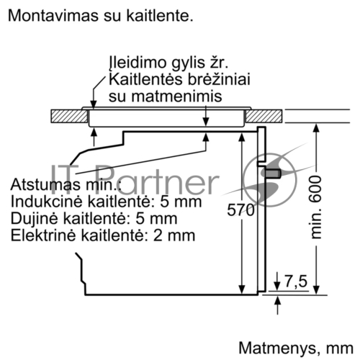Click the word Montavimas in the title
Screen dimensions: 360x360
click(x=53, y=16)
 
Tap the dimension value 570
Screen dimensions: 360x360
click(x=240, y=210)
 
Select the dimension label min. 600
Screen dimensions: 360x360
click(x=315, y=207)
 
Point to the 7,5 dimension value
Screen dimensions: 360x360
click(x=296, y=281)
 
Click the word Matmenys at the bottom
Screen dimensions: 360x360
click(x=276, y=348)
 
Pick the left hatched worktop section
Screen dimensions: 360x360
click(x=69, y=116)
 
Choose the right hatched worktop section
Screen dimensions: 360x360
click(x=264, y=116)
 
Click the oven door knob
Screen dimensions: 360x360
click(x=273, y=174)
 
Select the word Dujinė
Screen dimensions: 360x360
click(x=35, y=220)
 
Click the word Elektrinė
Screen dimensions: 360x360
click(x=44, y=235)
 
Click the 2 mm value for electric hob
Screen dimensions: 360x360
click(x=174, y=235)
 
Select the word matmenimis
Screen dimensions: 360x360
click(x=176, y=96)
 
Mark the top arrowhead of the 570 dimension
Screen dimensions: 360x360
click(x=242, y=137)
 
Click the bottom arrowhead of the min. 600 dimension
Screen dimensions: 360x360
click(x=317, y=289)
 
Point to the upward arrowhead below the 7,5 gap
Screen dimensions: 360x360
click(x=277, y=301)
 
